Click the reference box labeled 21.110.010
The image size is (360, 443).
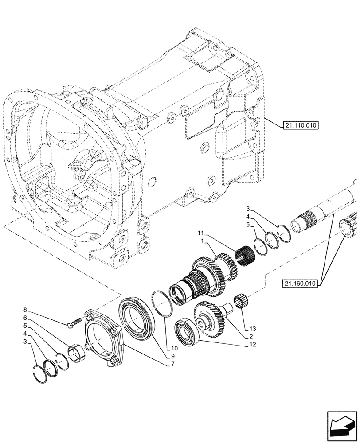pyautogui.click(x=300, y=125)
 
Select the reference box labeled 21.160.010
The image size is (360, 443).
pyautogui.click(x=300, y=284)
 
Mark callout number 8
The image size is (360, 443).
pyautogui.click(x=26, y=310)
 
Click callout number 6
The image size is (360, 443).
pyautogui.click(x=26, y=318)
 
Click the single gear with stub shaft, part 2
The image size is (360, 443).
pyautogui.click(x=212, y=319)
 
